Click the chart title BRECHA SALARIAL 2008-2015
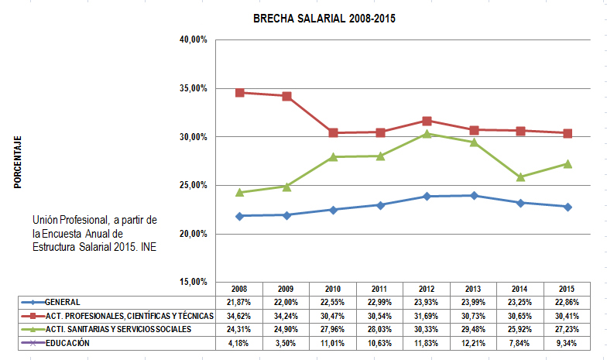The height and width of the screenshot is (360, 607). tap(324, 19)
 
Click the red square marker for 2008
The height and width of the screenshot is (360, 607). tap(240, 93)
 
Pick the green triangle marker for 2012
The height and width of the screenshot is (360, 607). tap(427, 134)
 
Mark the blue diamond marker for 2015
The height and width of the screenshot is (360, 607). tap(568, 207)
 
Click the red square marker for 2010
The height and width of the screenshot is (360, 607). tap(334, 133)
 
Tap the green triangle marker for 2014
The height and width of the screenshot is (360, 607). tap(521, 177)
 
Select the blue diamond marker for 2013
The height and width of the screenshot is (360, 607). tap(475, 196)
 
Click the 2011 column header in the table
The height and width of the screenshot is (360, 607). tap(380, 288)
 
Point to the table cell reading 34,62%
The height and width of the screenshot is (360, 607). tap(240, 316)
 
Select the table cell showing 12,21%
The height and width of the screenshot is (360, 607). tap(475, 343)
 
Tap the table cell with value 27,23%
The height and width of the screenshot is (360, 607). tap(568, 329)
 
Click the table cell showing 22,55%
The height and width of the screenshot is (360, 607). tap(334, 302)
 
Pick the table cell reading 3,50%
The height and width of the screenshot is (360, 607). tap(286, 343)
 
